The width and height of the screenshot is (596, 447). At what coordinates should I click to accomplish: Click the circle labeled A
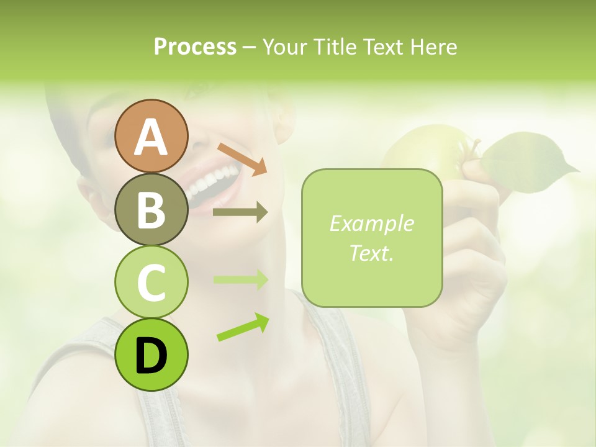coord(151,136)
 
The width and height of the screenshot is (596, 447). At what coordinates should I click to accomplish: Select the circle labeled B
coord(151,209)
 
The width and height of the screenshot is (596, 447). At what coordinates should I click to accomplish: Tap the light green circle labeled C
coord(151,282)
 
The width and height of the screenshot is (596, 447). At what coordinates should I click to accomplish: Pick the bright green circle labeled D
coord(151,354)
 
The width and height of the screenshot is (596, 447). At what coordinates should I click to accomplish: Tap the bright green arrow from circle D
coord(243,328)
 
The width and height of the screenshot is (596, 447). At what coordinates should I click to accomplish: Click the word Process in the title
coord(195,47)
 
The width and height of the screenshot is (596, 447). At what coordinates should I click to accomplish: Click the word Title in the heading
coord(334,47)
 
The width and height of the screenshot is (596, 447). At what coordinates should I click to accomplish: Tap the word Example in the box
coord(371,223)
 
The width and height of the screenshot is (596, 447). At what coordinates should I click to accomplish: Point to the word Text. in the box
coord(371,253)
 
